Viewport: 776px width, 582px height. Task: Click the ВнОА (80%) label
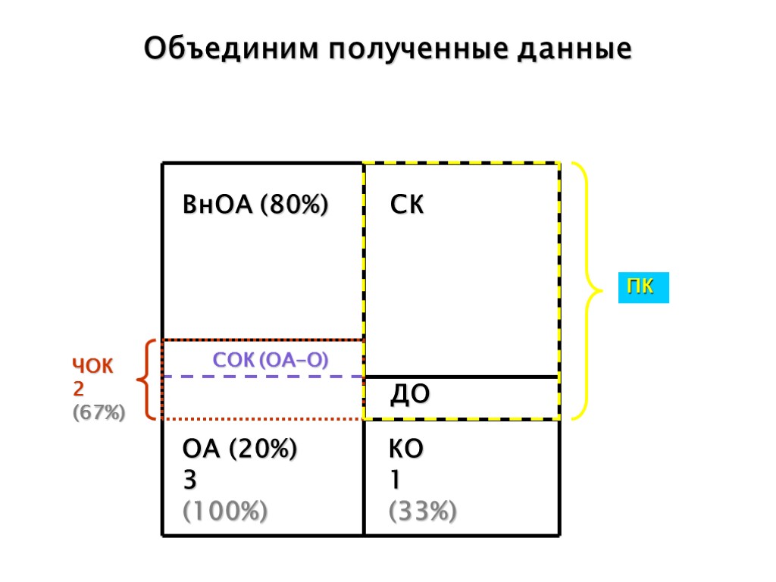pos(255,205)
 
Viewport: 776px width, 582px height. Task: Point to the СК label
pos(407,205)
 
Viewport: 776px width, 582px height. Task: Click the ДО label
pos(410,394)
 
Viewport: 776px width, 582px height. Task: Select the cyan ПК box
pos(643,289)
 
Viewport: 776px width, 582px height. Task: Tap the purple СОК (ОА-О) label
pos(271,360)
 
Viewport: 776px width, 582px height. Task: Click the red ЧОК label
pos(92,367)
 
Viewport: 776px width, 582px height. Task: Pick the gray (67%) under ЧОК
pos(99,411)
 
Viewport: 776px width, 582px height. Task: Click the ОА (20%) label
pos(239,449)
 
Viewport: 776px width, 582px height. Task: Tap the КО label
pos(406,449)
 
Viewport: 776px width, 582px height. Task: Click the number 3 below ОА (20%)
pos(189,480)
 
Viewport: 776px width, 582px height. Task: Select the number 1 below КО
pos(395,480)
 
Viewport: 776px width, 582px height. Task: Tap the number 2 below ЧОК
pos(78,390)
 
